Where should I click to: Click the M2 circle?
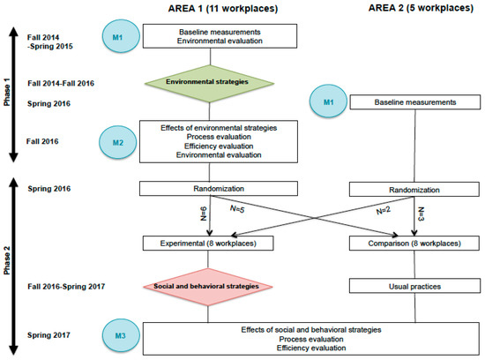pyautogui.click(x=118, y=142)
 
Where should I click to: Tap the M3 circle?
pyautogui.click(x=120, y=335)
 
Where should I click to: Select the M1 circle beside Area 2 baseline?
pyautogui.click(x=328, y=101)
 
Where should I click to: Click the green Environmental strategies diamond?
pyautogui.click(x=209, y=83)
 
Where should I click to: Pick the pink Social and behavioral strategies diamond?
pyautogui.click(x=208, y=287)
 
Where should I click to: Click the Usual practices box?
pyautogui.click(x=414, y=287)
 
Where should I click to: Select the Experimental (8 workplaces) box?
pyautogui.click(x=208, y=244)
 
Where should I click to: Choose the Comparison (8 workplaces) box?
pyautogui.click(x=414, y=244)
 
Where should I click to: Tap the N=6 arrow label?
pyautogui.click(x=203, y=214)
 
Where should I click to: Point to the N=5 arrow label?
pyautogui.click(x=237, y=209)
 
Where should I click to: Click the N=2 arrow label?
pyautogui.click(x=384, y=211)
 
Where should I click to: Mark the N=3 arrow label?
pyautogui.click(x=421, y=214)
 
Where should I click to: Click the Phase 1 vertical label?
pyautogui.click(x=7, y=92)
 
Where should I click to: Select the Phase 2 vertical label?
pyautogui.click(x=7, y=260)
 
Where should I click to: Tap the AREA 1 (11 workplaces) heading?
pyautogui.click(x=223, y=8)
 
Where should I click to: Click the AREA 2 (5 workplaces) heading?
pyautogui.click(x=421, y=7)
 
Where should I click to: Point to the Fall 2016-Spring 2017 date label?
pyautogui.click(x=66, y=287)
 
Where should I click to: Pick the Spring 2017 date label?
pyautogui.click(x=48, y=335)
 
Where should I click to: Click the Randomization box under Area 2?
pyautogui.click(x=414, y=190)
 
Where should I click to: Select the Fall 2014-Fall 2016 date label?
pyautogui.click(x=61, y=83)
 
